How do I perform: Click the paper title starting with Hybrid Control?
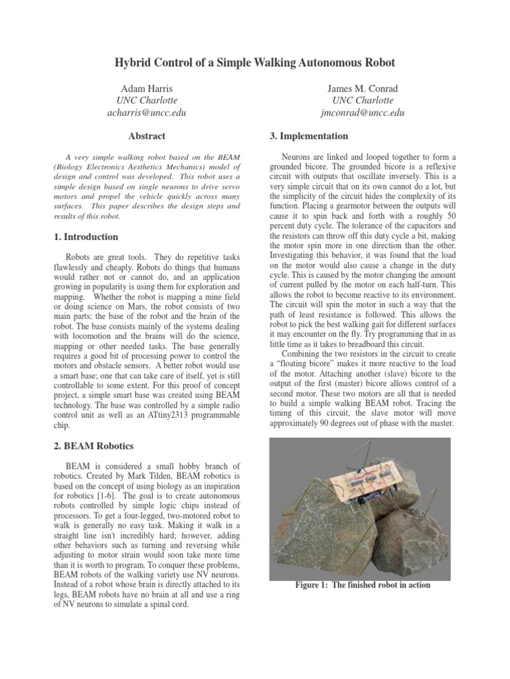[x=255, y=62]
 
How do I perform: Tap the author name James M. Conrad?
[x=363, y=88]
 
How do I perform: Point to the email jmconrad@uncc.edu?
[x=363, y=113]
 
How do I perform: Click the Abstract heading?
[x=147, y=137]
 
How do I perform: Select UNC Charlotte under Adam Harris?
[x=147, y=100]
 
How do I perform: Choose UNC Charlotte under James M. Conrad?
[x=363, y=100]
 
